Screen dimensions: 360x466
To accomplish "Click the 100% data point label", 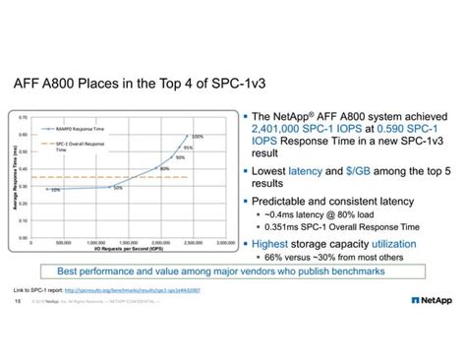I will [198, 137].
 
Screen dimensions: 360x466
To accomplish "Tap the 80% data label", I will [165, 169].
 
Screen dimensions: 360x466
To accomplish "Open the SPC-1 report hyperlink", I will [144, 292].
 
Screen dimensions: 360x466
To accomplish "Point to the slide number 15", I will [18, 302].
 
